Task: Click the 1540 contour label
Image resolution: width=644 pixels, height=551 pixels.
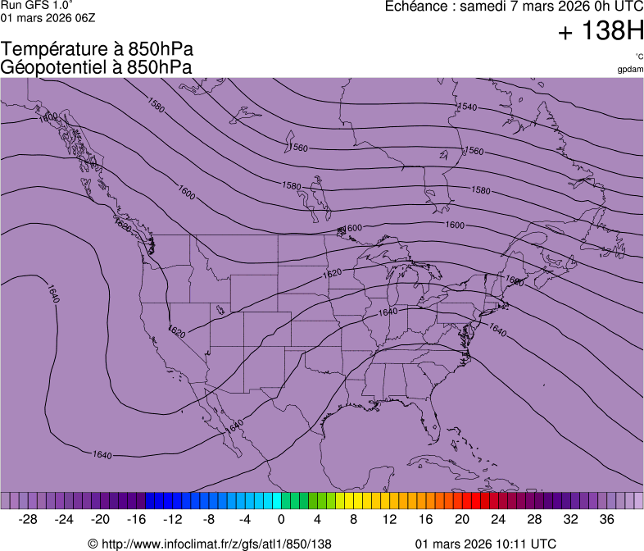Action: coord(467,107)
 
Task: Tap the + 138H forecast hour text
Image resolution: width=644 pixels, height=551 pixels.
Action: coord(601,32)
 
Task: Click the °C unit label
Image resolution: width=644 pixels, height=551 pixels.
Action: coord(638,57)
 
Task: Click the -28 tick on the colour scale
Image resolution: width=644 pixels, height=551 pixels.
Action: coord(29,520)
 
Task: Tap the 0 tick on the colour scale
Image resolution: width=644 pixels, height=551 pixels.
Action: coord(281,520)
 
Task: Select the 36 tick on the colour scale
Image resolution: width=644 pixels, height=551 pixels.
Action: coord(606,520)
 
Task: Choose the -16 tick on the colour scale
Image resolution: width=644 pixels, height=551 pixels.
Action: coord(137,520)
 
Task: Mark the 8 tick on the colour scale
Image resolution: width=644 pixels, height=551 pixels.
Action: coord(353,520)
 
